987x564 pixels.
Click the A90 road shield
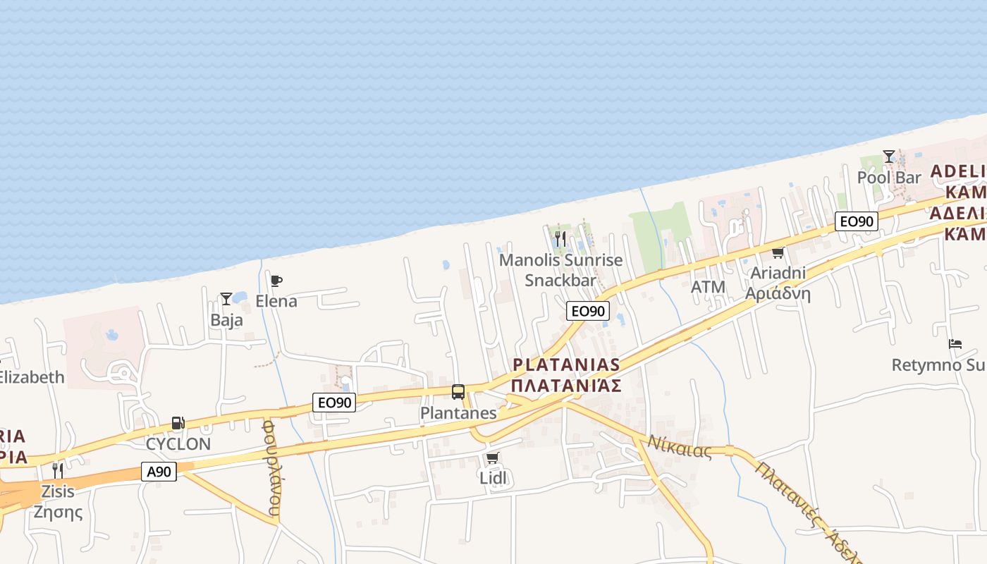tap(159, 472)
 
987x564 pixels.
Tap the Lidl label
tap(493, 478)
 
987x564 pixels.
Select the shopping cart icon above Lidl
tap(493, 458)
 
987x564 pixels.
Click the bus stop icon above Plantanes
tap(458, 392)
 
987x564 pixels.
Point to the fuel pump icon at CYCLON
tap(178, 423)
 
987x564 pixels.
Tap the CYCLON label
tap(178, 444)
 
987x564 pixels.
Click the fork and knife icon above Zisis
tap(58, 470)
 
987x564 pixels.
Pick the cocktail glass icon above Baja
tap(226, 299)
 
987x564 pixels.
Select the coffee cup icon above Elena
tap(276, 281)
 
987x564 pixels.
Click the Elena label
tap(276, 302)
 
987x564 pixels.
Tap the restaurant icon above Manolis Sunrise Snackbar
tap(560, 239)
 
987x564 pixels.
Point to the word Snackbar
tap(560, 280)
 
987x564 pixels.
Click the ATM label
tap(708, 287)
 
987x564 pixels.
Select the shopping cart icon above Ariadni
tap(778, 252)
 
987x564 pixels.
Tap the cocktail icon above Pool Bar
tap(889, 157)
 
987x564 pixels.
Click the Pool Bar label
tap(889, 178)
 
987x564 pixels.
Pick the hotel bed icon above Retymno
tap(955, 344)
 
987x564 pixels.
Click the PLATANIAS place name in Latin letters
tap(567, 365)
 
